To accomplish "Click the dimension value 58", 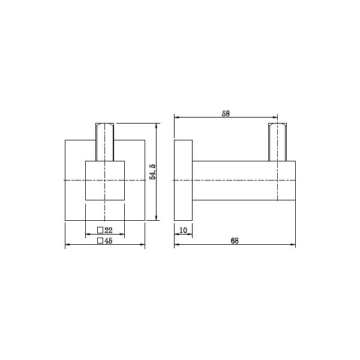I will (x=226, y=113).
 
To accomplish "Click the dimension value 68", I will (x=234, y=241).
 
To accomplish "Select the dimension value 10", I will (x=183, y=230).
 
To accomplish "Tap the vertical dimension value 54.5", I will (x=153, y=172).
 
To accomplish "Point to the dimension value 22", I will (x=109, y=230).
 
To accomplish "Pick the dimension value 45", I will (x=109, y=241).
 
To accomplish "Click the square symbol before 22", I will (x=100, y=230).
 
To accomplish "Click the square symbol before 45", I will (x=100, y=241).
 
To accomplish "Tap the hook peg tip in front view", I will (x=105, y=126).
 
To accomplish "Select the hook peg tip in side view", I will (x=278, y=126).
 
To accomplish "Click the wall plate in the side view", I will (x=183, y=180).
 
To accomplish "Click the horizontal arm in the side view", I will (x=234, y=180).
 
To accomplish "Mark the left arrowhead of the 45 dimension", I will (x=67, y=245).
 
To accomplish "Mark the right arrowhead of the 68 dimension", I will (x=294, y=245).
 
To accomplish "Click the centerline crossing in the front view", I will (x=105, y=180).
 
